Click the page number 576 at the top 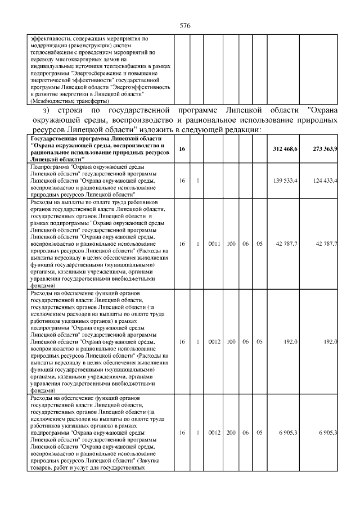coord(186,26)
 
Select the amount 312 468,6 coord(285,149)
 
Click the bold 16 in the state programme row coord(182,149)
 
